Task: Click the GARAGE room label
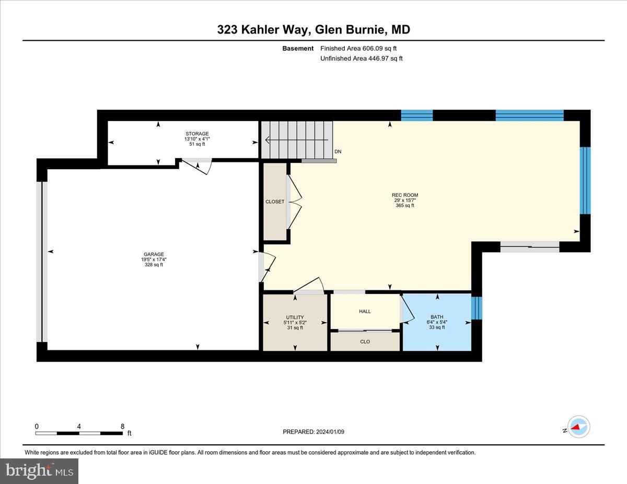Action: coord(154,255)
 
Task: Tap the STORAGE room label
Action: coord(196,134)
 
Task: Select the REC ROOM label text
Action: coord(405,195)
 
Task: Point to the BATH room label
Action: coord(436,317)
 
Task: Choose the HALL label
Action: coord(365,312)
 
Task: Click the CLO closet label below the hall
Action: coord(365,341)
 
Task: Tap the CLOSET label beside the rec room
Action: coord(275,202)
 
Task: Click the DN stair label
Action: coord(338,152)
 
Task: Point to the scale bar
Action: coord(79,433)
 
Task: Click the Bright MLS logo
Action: coord(39,471)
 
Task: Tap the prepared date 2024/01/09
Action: coord(313,432)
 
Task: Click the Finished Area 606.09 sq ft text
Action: coord(362,49)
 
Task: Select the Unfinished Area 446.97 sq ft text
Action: coord(361,58)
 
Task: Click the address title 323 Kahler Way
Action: coord(313,30)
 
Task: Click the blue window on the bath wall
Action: coord(477,308)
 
